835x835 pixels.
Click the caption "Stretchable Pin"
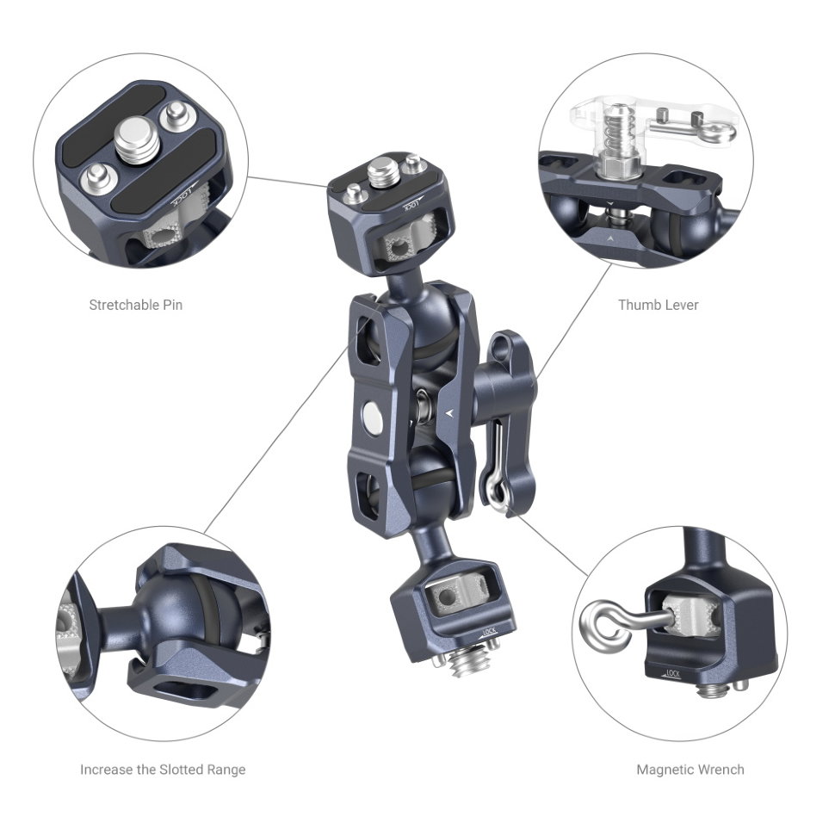pyautogui.click(x=136, y=305)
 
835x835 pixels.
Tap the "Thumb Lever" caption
pyautogui.click(x=659, y=305)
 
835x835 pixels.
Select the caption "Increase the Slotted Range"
pyautogui.click(x=163, y=770)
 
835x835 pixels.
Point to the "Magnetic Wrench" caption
pyautogui.click(x=690, y=770)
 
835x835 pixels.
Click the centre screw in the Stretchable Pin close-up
pyautogui.click(x=136, y=139)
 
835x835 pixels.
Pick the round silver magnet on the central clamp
pyautogui.click(x=372, y=415)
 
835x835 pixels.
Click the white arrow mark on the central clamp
pyautogui.click(x=451, y=412)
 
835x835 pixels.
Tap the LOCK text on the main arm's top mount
pyautogui.click(x=412, y=205)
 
